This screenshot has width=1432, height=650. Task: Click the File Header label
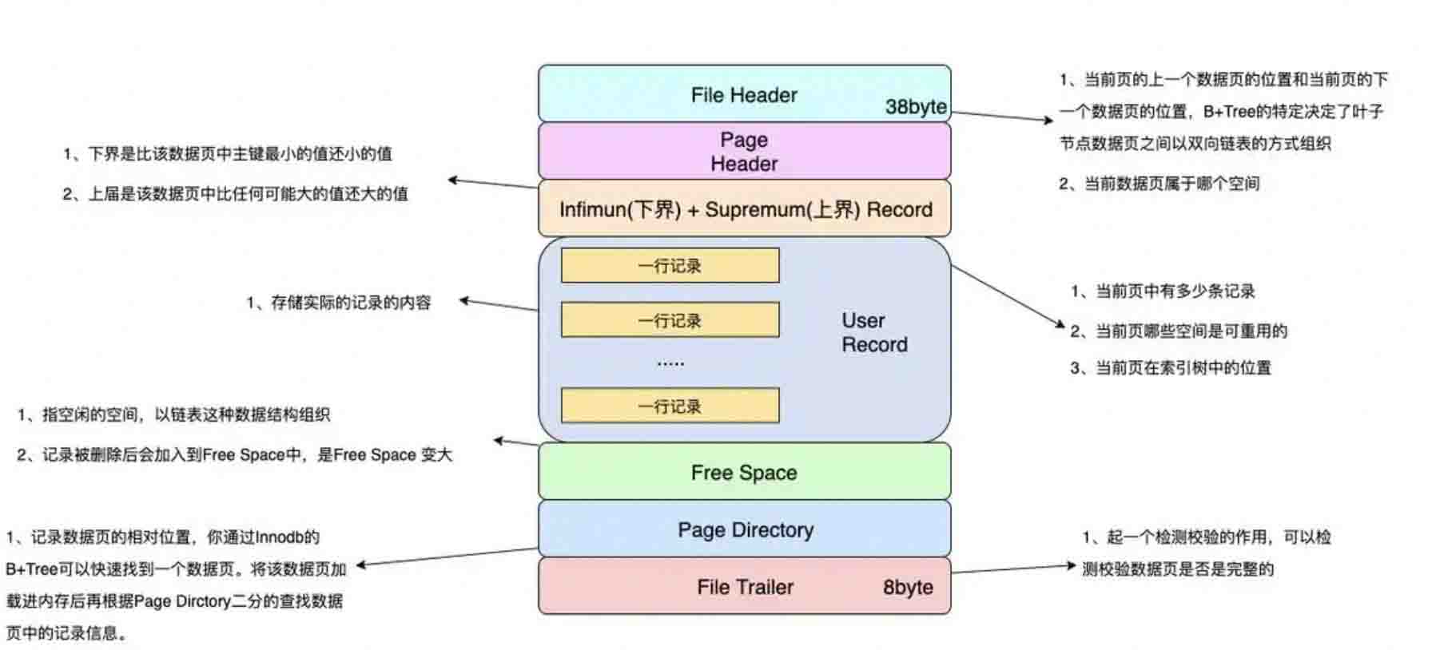click(x=744, y=95)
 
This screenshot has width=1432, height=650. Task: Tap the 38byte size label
click(x=916, y=107)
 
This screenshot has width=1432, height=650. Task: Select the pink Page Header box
click(x=744, y=151)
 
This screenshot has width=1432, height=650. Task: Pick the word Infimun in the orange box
click(x=591, y=210)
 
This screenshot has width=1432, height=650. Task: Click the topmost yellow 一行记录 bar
click(x=670, y=266)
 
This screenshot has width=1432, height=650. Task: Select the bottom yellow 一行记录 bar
click(x=670, y=406)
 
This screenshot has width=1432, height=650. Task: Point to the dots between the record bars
click(x=670, y=363)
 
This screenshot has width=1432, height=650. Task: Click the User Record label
click(x=873, y=332)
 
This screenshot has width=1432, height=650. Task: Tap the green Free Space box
click(x=744, y=472)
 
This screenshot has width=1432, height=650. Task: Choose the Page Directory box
click(x=745, y=529)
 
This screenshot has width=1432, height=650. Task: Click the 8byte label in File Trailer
click(x=908, y=588)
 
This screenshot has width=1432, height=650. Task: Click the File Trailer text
click(x=745, y=588)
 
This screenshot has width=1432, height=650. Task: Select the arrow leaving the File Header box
click(x=1003, y=117)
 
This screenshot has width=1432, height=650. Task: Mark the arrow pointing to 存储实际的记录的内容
click(x=499, y=305)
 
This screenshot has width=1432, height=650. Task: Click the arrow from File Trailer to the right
click(x=1013, y=569)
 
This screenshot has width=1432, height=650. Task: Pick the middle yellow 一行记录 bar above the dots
click(x=670, y=320)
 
